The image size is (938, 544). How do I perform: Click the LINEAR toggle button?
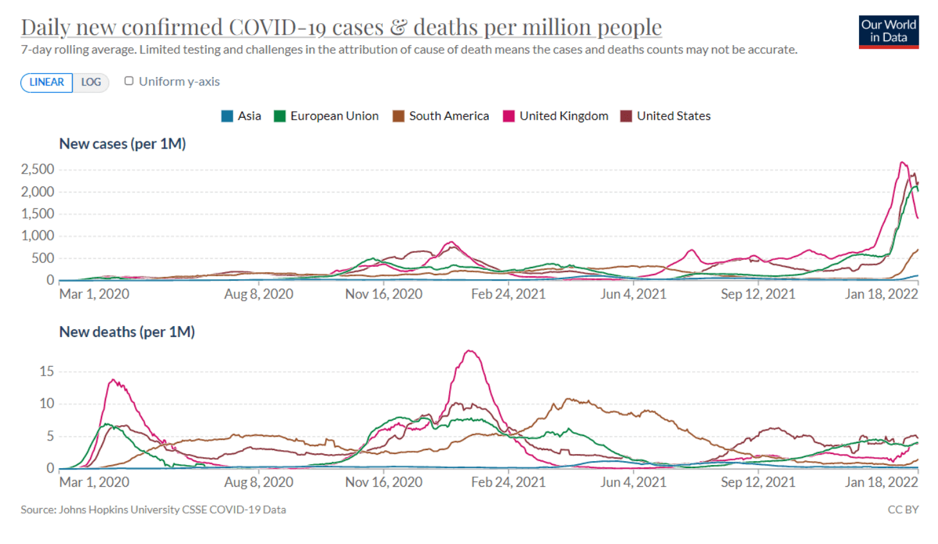[46, 82]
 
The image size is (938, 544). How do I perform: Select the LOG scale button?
[91, 82]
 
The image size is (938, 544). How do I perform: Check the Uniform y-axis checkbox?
[129, 81]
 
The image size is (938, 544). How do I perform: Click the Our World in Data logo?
[889, 32]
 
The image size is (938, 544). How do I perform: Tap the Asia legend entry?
[242, 116]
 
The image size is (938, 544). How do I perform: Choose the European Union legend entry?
[326, 116]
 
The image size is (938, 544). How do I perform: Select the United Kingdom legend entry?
[556, 116]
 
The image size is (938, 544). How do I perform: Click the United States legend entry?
[666, 116]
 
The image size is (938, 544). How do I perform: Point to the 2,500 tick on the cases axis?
[37, 169]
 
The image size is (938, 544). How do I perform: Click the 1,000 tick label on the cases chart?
[37, 236]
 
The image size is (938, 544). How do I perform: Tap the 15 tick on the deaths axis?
[46, 372]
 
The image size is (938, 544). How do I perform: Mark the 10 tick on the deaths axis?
[46, 404]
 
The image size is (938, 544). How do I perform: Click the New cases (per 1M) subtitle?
[122, 144]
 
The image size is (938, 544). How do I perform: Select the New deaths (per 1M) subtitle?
[127, 332]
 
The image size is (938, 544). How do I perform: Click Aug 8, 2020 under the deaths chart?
[258, 482]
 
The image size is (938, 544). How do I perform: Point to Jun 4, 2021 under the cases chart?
[633, 295]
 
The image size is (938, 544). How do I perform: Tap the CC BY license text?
[903, 510]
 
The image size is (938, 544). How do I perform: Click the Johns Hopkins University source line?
[153, 510]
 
